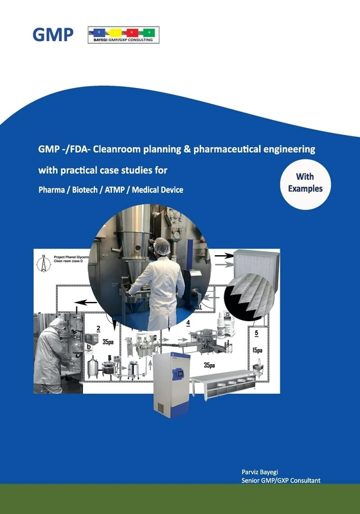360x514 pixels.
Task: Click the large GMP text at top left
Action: [x=53, y=34]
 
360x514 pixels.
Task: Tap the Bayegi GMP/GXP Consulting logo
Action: [x=123, y=35]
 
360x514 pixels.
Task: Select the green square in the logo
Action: [x=148, y=31]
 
